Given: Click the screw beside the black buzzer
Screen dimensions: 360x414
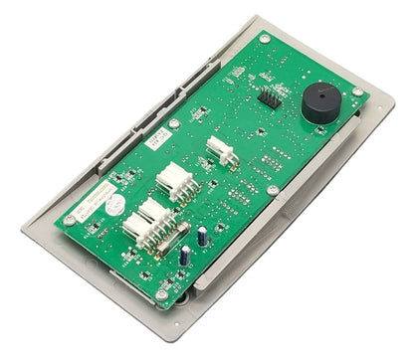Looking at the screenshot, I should pyautogui.click(x=357, y=91).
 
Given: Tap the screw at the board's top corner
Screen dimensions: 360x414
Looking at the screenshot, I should pyautogui.click(x=265, y=39).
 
